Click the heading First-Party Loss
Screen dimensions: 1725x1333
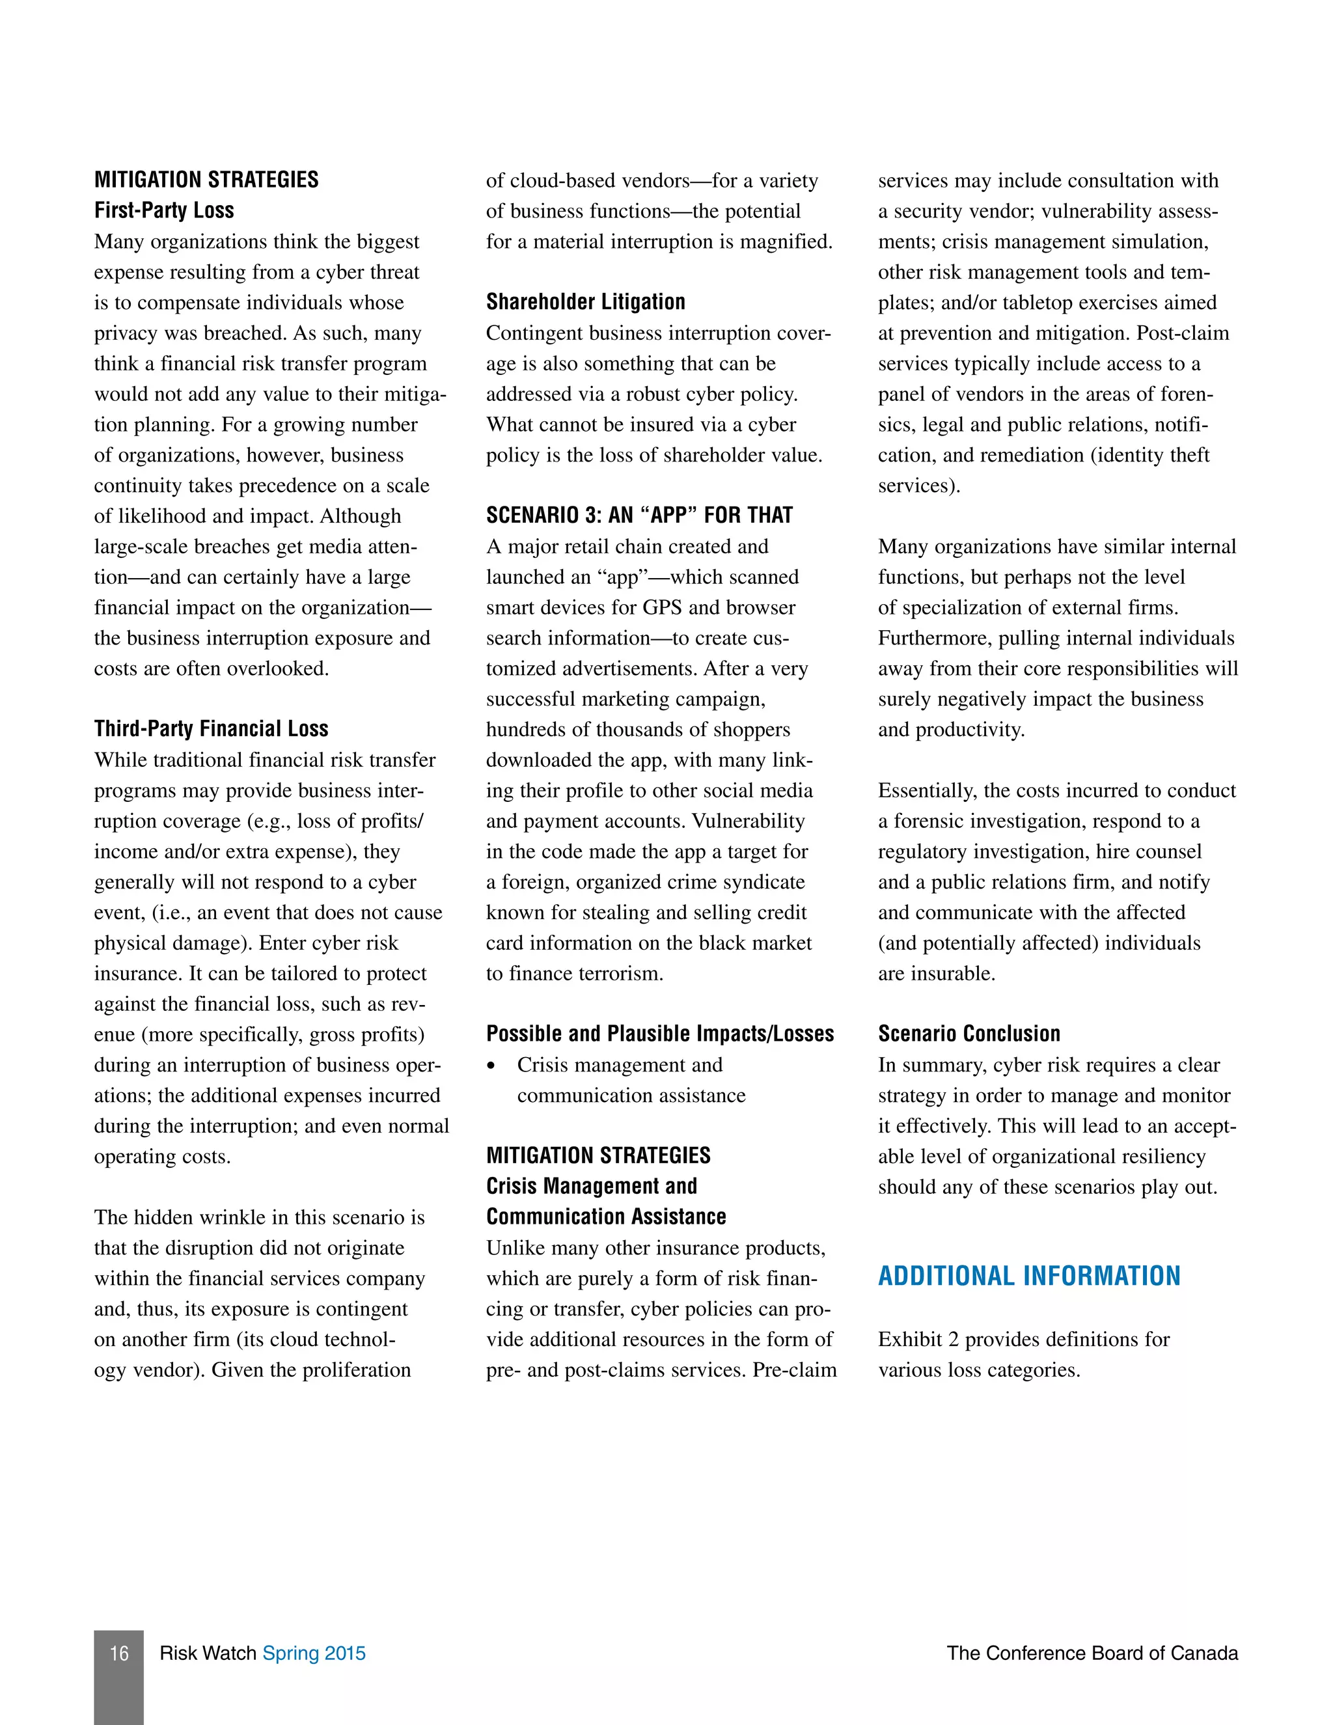tap(163, 210)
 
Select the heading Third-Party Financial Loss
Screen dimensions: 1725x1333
tap(211, 728)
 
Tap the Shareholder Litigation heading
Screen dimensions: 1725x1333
tap(585, 302)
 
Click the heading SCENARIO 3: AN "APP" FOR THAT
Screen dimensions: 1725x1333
tap(639, 515)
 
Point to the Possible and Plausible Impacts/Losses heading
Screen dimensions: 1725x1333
tap(659, 1033)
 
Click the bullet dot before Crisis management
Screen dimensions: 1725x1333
tap(492, 1066)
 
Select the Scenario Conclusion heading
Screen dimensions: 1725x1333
tap(969, 1033)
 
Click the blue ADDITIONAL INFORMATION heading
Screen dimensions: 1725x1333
tap(1029, 1276)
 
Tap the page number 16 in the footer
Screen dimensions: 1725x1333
tap(118, 1653)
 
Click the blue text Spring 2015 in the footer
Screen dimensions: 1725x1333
tap(314, 1653)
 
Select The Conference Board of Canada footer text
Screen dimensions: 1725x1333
tap(1092, 1653)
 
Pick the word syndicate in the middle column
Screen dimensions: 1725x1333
tap(763, 881)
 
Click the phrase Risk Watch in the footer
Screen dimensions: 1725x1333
tap(208, 1653)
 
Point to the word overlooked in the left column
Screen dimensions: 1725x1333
tap(277, 669)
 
